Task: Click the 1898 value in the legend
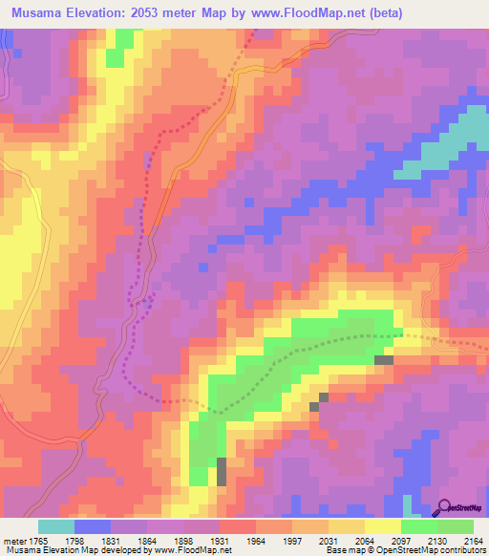183,541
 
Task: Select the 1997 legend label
291,541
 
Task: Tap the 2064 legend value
364,541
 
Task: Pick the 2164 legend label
472,541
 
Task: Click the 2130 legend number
436,541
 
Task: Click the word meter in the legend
13,541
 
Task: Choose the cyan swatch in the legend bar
56,526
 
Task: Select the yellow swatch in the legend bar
383,526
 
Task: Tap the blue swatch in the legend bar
93,526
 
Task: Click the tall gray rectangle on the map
222,471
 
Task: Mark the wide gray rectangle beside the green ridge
383,360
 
